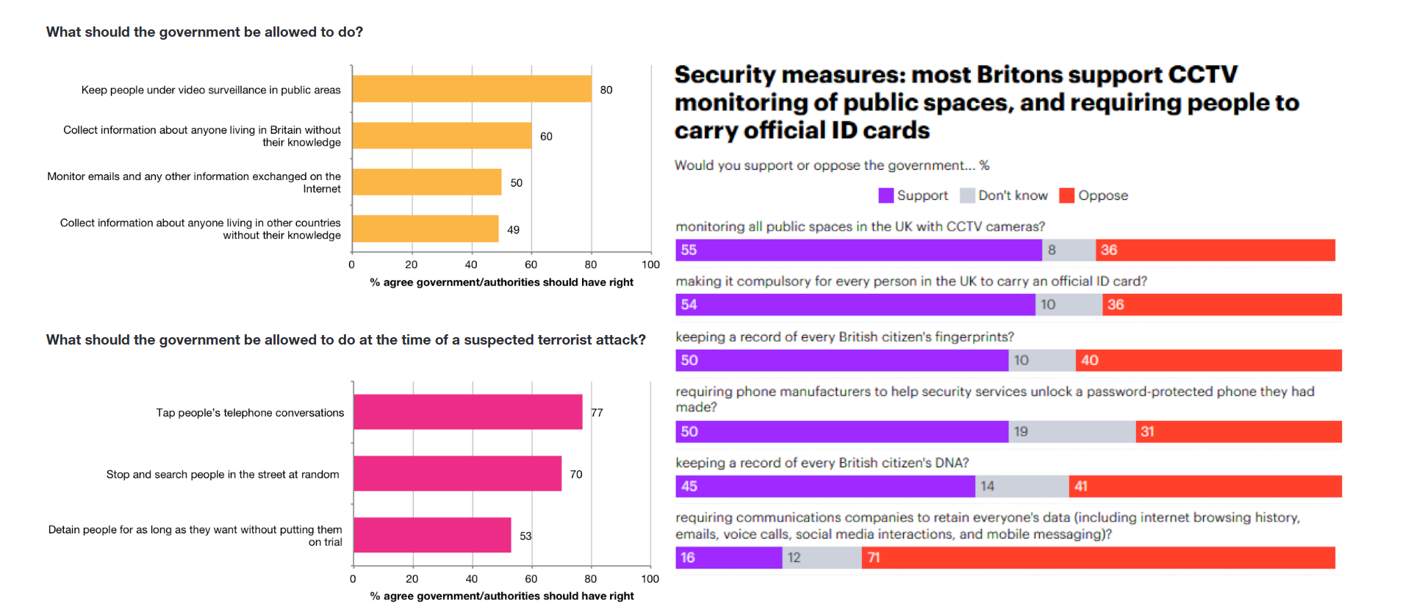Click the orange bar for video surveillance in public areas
tap(472, 89)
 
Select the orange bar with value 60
tap(442, 136)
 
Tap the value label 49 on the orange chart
tap(513, 230)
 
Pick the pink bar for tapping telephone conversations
tap(468, 412)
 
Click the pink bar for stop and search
tap(457, 474)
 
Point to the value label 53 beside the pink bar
tap(525, 536)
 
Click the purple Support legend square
tap(886, 195)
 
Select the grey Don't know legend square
tap(967, 195)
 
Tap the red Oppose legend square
tap(1067, 195)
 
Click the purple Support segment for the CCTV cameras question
tap(858, 251)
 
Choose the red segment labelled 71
tap(1098, 558)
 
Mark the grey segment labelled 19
tap(1072, 432)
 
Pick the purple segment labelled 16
tap(729, 558)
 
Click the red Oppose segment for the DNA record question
tap(1205, 486)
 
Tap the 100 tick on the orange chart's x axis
tap(650, 264)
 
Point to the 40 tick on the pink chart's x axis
tap(472, 579)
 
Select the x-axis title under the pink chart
tap(502, 596)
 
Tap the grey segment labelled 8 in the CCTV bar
tap(1069, 251)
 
